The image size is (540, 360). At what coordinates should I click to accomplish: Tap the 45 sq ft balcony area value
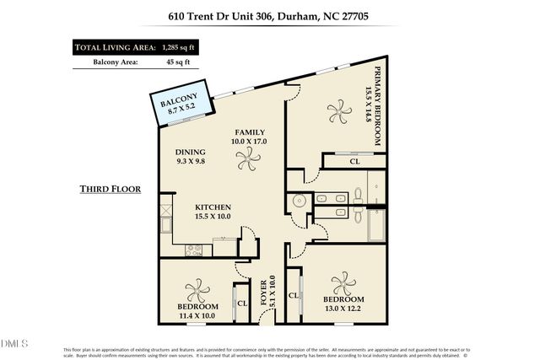click(178, 62)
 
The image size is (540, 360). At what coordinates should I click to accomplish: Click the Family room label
click(251, 137)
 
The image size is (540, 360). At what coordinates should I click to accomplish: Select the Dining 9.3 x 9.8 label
click(191, 156)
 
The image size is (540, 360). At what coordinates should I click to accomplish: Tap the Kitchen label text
click(213, 211)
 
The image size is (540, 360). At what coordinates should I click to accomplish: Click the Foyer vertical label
click(267, 291)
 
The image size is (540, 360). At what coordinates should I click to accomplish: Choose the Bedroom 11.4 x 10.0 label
click(197, 311)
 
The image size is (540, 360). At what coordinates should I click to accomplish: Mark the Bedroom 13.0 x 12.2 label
click(343, 304)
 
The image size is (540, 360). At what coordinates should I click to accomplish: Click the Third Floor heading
click(110, 188)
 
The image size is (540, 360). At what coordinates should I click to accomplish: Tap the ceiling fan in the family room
click(248, 166)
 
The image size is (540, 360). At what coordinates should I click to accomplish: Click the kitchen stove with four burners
click(194, 250)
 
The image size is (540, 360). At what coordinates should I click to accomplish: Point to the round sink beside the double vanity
click(299, 201)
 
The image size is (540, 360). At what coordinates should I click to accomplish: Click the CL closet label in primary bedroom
click(354, 160)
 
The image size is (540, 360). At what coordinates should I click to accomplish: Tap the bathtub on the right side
click(377, 225)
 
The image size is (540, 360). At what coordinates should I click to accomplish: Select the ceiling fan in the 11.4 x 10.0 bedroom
click(197, 291)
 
